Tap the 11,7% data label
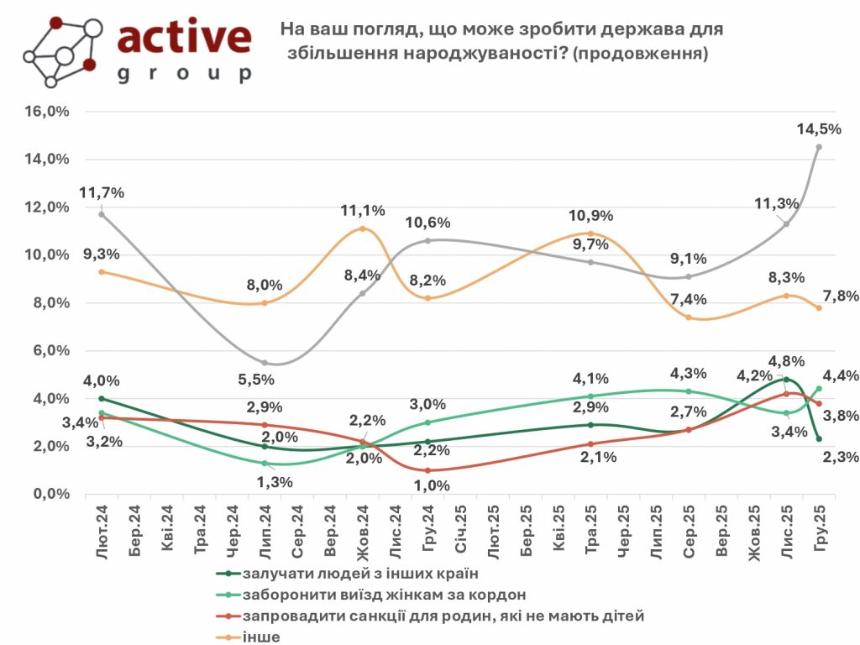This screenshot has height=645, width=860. click(x=102, y=192)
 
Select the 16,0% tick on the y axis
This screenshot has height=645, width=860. click(x=49, y=112)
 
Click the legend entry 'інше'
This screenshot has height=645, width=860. click(x=260, y=637)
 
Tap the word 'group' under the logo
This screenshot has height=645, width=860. click(x=184, y=74)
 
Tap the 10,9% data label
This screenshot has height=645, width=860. click(x=591, y=216)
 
